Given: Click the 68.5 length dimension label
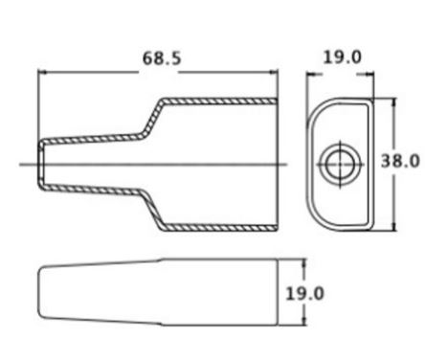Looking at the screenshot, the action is click(162, 58).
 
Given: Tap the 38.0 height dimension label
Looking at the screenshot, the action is click(400, 161).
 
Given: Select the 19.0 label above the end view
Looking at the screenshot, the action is click(343, 57).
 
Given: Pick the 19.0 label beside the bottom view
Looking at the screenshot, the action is click(304, 294).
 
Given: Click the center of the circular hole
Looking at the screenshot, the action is click(341, 165).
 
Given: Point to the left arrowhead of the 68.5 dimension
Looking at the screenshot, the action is click(42, 73).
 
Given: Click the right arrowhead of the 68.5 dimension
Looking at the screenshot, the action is click(274, 73).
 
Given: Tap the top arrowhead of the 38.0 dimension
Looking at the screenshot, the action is click(394, 102).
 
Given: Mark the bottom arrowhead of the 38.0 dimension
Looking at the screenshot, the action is click(394, 226).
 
